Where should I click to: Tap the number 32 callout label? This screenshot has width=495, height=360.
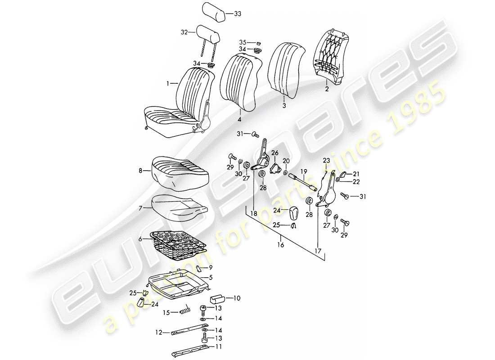pos(183,32)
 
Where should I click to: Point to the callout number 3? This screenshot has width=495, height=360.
pos(283,106)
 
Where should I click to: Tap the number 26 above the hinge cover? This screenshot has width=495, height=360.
pos(275,153)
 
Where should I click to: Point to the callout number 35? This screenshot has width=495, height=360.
pos(243,42)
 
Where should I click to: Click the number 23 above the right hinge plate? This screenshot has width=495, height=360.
pos(326,161)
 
